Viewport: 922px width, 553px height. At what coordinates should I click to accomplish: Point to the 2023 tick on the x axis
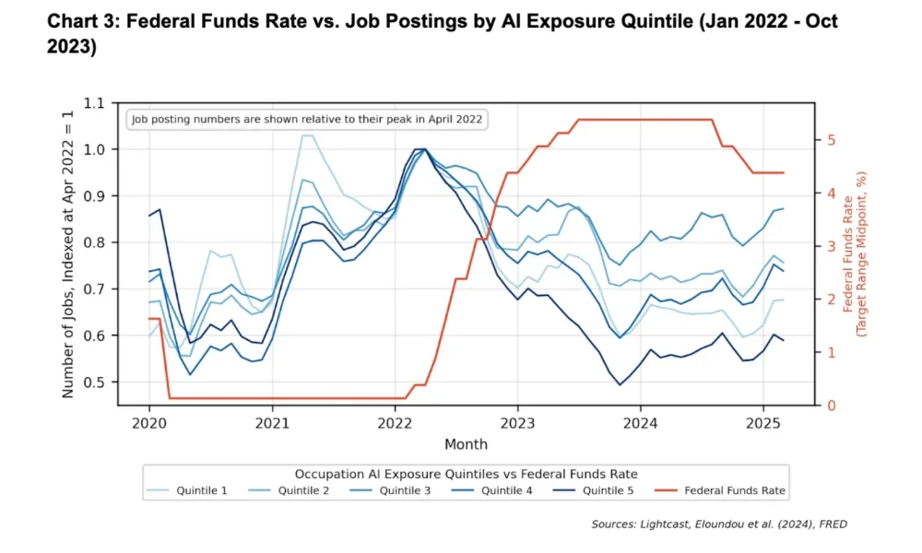pyautogui.click(x=517, y=425)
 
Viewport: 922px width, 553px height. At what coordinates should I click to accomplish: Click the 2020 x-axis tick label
pyautogui.click(x=149, y=425)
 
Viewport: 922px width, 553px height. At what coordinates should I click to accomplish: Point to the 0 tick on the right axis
pyautogui.click(x=829, y=406)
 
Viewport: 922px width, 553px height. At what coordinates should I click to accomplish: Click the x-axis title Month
pyautogui.click(x=466, y=444)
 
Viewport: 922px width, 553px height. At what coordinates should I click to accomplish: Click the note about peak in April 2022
pyautogui.click(x=307, y=120)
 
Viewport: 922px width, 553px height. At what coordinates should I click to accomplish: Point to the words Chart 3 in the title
pyautogui.click(x=79, y=21)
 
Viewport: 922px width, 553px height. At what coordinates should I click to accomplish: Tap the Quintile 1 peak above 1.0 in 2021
pyautogui.click(x=307, y=135)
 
